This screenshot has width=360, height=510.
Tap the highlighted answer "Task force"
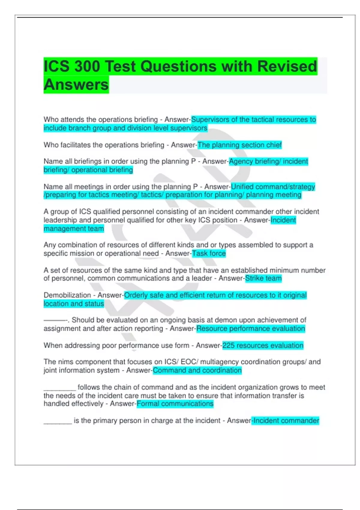(x=209, y=253)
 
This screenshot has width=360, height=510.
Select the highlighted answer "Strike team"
(x=263, y=278)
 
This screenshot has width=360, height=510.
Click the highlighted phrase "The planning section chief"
(x=239, y=145)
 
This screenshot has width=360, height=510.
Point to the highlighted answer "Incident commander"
(x=286, y=421)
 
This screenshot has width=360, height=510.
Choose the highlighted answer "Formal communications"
(x=175, y=404)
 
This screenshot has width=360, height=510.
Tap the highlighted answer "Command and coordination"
(x=197, y=370)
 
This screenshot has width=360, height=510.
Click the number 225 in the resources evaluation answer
(x=228, y=346)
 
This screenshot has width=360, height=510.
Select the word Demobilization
(x=67, y=295)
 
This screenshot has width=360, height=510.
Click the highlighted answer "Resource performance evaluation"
(x=250, y=329)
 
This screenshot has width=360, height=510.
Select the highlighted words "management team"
(x=74, y=229)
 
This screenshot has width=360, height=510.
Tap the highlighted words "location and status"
(x=74, y=304)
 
